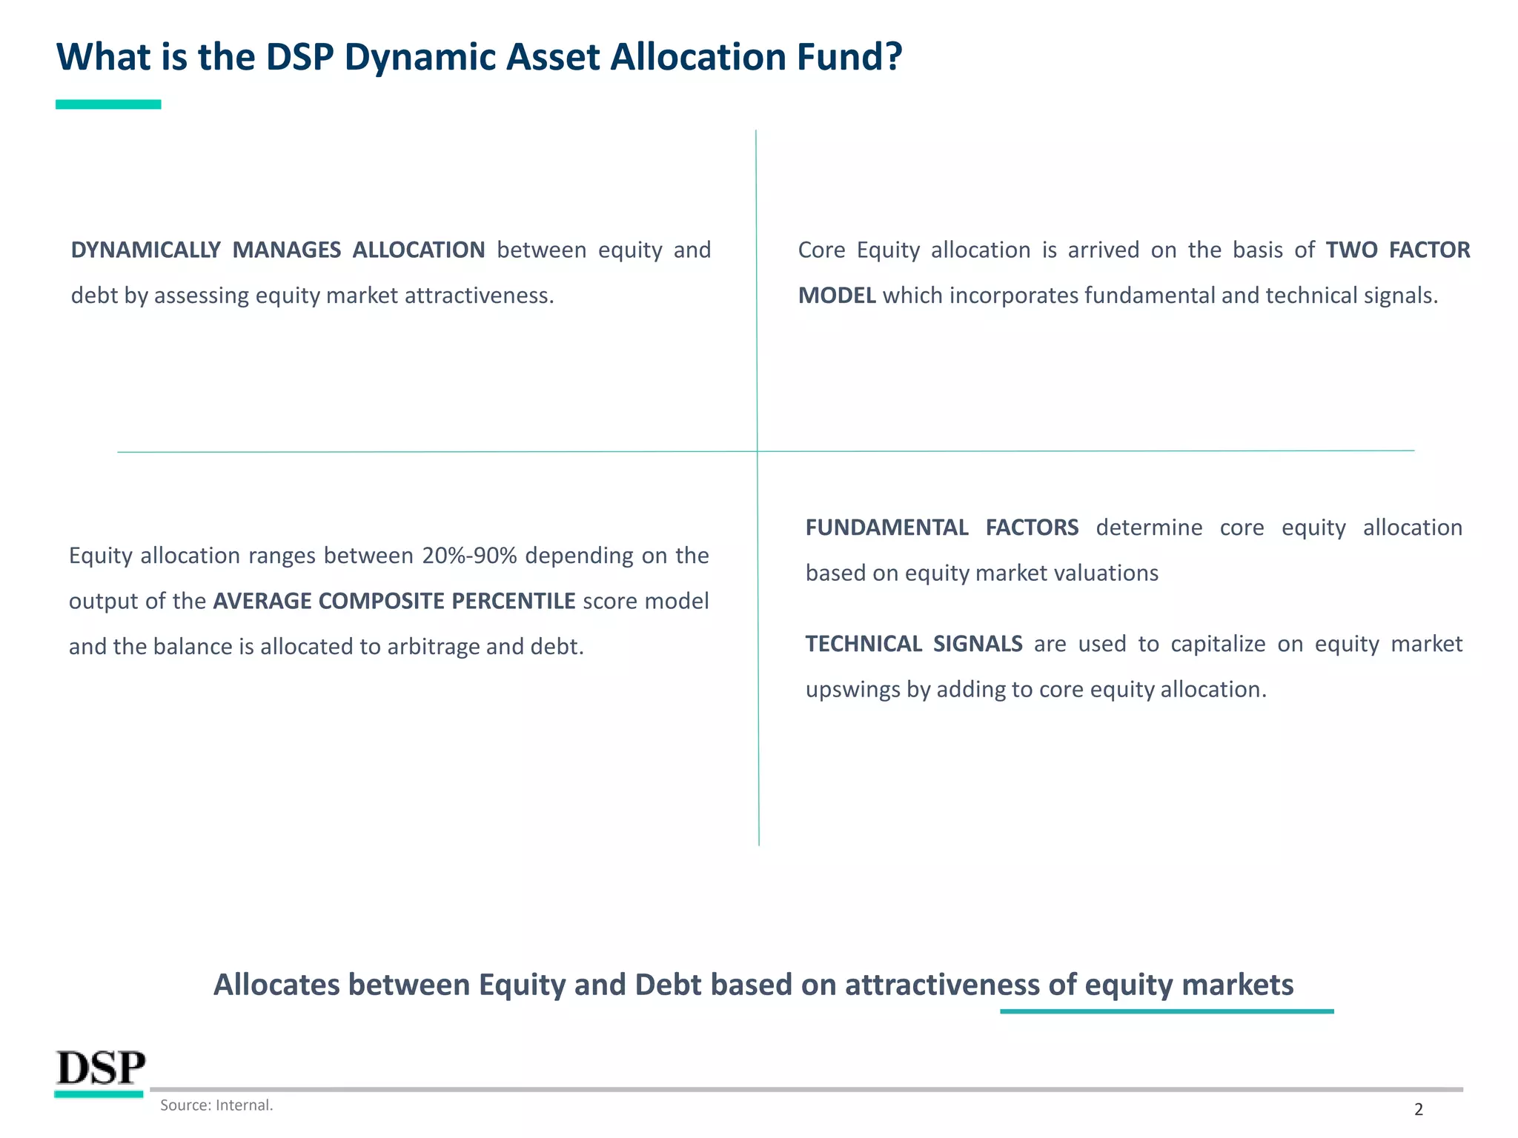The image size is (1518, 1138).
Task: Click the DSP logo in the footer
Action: pos(101,1069)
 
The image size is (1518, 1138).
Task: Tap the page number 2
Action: pos(1419,1109)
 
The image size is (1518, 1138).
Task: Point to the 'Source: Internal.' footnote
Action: pos(216,1105)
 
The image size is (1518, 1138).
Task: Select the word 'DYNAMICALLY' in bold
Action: pos(146,250)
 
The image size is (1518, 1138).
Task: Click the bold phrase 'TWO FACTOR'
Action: pos(1398,250)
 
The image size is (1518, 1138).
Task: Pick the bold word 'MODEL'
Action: pos(837,296)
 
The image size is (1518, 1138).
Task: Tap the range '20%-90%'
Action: pos(469,556)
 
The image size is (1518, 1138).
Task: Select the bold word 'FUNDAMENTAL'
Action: pos(886,528)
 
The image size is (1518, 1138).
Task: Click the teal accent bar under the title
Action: pos(108,104)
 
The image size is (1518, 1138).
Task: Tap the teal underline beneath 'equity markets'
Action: pos(1167,1011)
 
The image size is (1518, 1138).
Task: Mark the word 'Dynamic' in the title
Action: pos(420,57)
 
